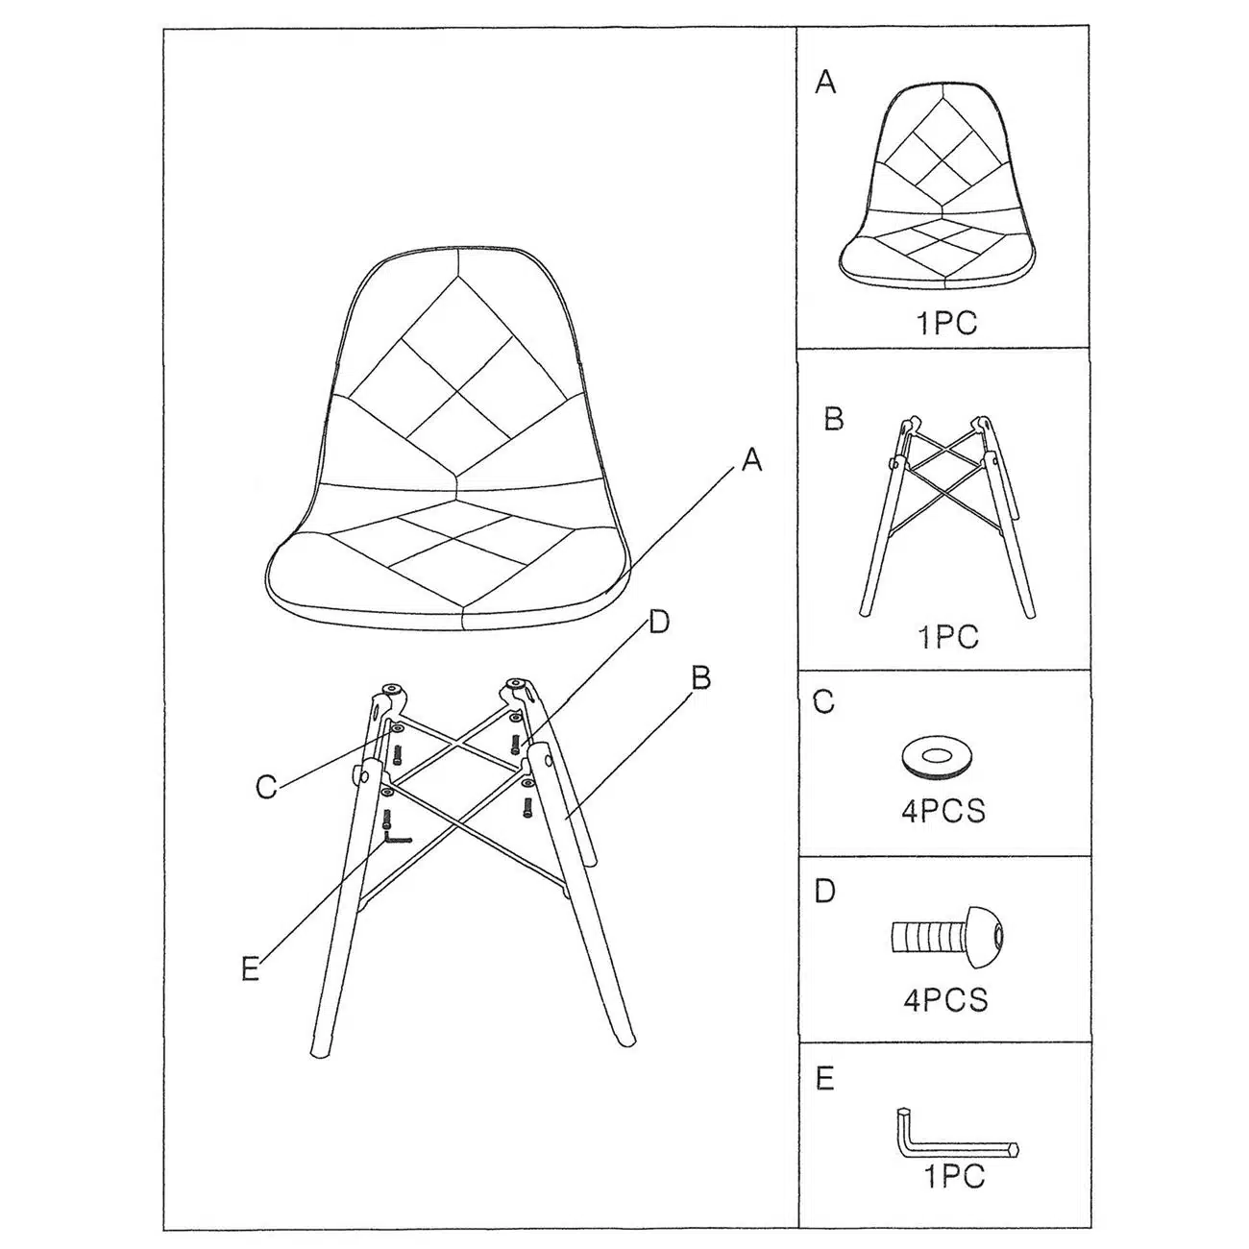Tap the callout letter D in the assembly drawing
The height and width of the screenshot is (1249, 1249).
click(x=658, y=623)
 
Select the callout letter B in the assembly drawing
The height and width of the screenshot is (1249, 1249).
click(x=700, y=678)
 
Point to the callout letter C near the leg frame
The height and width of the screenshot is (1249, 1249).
click(x=266, y=787)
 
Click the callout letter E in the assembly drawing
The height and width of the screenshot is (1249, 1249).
click(x=250, y=968)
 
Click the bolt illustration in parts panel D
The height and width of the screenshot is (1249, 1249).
click(x=947, y=938)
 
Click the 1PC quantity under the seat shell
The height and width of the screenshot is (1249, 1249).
click(x=946, y=323)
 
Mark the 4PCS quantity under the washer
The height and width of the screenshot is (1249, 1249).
click(x=943, y=811)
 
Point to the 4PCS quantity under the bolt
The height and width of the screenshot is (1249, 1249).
click(x=945, y=1000)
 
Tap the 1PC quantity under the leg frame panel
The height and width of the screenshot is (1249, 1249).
click(x=948, y=637)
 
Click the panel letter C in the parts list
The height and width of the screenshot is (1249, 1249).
click(x=823, y=702)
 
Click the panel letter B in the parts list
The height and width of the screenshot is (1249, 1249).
click(x=834, y=419)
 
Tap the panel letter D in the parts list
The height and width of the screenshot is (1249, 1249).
click(x=824, y=892)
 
